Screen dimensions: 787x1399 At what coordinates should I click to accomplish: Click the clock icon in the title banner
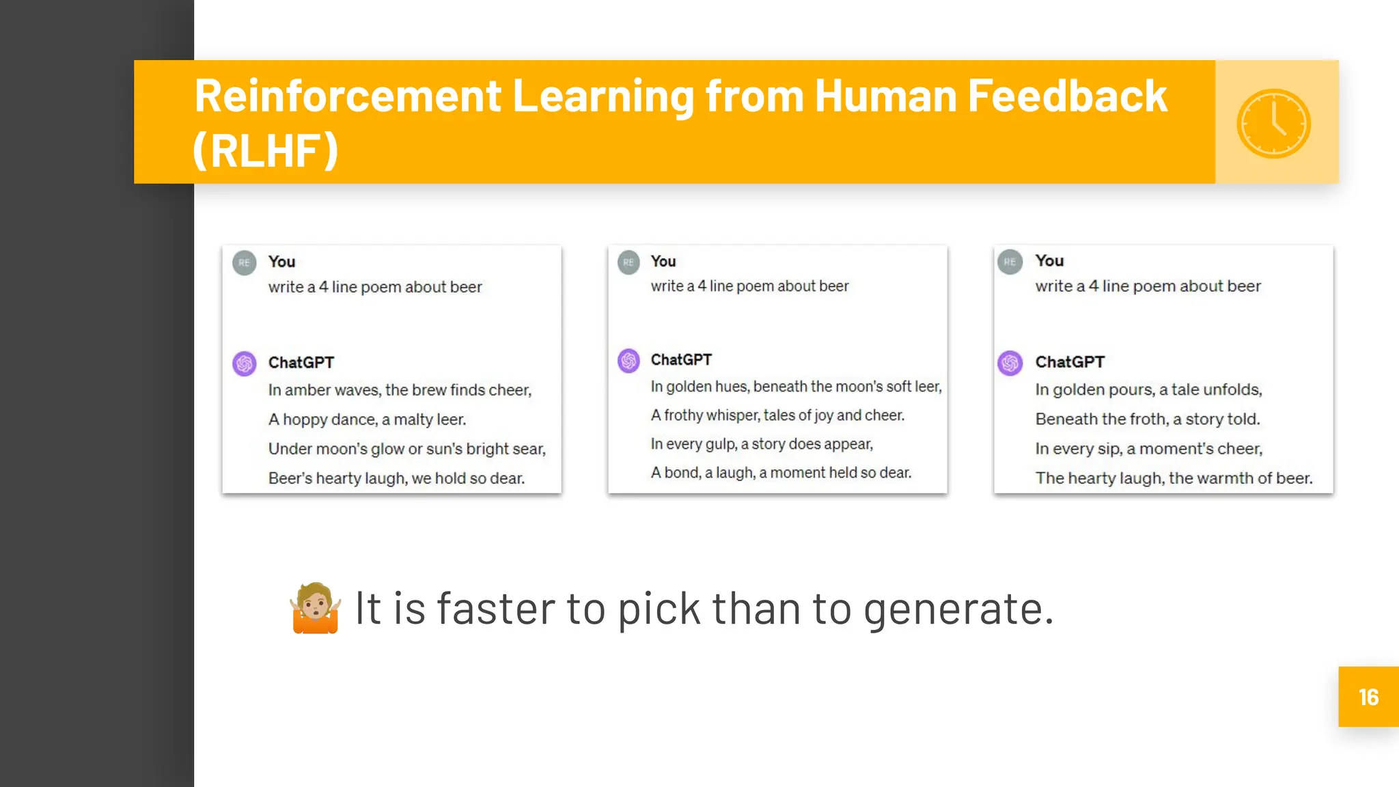(1273, 124)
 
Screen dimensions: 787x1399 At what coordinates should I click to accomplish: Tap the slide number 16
(1368, 697)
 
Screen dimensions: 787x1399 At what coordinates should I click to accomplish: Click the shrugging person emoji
(315, 608)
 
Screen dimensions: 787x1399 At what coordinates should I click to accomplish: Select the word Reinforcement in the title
(348, 96)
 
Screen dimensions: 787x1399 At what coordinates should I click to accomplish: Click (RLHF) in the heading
(266, 150)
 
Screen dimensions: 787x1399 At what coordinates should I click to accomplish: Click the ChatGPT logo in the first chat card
(245, 363)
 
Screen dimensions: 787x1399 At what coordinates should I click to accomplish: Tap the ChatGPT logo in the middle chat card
(628, 360)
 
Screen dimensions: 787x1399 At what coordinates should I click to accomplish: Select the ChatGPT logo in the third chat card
(1010, 363)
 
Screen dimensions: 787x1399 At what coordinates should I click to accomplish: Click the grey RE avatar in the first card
(245, 262)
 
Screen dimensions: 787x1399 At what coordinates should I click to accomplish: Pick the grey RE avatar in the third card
(1010, 262)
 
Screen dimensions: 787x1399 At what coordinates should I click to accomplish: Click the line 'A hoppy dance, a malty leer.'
(367, 419)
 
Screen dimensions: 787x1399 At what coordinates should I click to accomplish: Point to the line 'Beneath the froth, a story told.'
(1147, 419)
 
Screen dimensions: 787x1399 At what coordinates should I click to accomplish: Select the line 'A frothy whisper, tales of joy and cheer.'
(777, 415)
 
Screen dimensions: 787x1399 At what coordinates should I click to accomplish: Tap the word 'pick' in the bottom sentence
(659, 608)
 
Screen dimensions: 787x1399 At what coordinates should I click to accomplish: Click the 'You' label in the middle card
(663, 261)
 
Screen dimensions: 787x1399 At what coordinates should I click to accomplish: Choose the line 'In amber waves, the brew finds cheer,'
(400, 390)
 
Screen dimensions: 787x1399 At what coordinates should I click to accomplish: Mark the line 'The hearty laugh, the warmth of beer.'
(1174, 478)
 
